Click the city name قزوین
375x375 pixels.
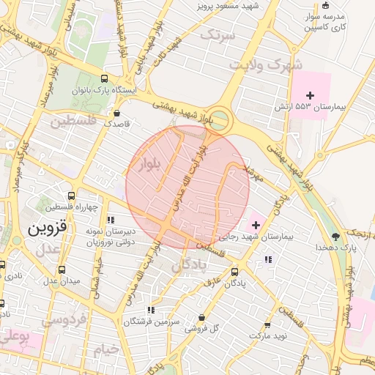(x=48, y=228)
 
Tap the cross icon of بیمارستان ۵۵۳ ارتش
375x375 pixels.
(x=311, y=95)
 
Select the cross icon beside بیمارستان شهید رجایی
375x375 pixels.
(x=255, y=224)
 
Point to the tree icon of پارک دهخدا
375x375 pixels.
(x=335, y=236)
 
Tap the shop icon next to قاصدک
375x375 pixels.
(x=117, y=113)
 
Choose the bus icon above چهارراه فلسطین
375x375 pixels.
(x=71, y=196)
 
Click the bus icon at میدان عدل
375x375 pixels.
(x=62, y=270)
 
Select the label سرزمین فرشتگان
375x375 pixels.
(x=152, y=322)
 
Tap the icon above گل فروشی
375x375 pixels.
(x=201, y=317)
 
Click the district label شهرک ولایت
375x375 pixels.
(x=256, y=64)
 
